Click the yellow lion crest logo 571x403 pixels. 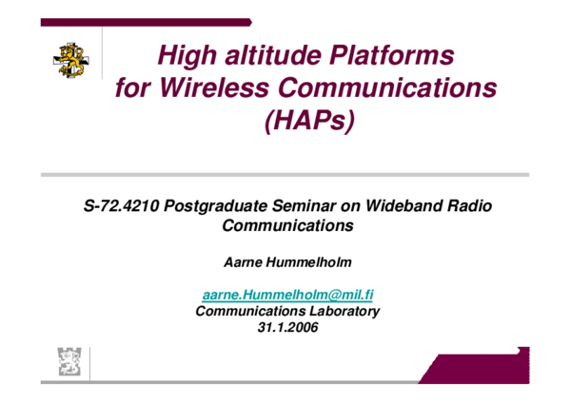tap(71, 60)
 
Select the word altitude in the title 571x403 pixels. tap(273, 55)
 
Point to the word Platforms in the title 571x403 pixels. tap(393, 55)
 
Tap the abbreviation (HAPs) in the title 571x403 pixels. tap(306, 124)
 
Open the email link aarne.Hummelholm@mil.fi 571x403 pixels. tap(287, 295)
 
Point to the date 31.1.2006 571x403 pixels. tap(287, 327)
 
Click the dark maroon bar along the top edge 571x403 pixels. tap(143, 21)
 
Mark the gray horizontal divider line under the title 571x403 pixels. tap(285, 174)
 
